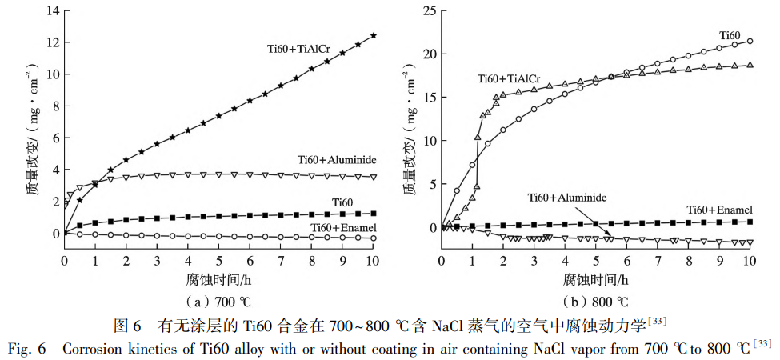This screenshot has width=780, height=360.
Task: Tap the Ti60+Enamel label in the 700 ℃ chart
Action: pos(344,228)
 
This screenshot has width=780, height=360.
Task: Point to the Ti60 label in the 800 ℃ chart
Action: pos(730,35)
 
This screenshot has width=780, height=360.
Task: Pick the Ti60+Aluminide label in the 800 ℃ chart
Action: pos(567,196)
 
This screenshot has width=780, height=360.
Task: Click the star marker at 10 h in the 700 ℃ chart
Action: pos(374,35)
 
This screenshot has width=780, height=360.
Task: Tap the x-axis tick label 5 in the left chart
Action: pos(219,262)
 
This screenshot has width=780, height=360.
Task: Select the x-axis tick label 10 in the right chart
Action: pos(750,262)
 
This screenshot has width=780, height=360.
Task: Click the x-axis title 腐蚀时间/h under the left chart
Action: pos(219,279)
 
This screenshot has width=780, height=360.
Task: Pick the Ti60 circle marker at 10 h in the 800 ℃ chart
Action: pos(750,41)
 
